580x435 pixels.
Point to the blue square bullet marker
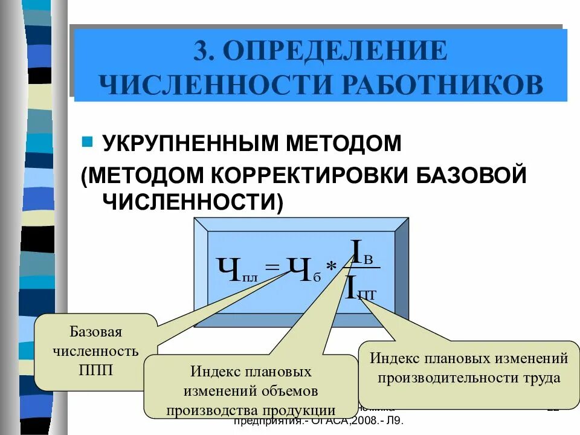click(x=87, y=143)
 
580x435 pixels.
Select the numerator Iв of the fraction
click(x=362, y=253)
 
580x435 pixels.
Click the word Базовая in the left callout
click(x=96, y=332)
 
